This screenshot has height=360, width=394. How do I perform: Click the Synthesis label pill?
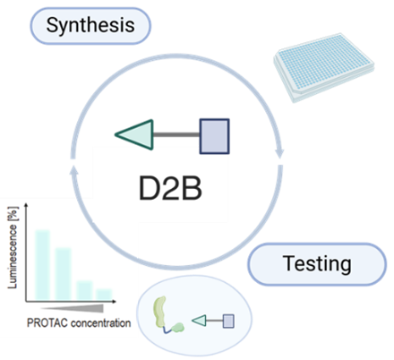90,26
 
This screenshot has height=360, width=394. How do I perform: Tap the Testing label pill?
317,264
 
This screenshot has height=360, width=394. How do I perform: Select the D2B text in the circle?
170,189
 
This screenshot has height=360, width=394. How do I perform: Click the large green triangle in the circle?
137,134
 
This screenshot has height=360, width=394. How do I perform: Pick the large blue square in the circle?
215,136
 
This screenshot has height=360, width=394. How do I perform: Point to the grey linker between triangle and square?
176,135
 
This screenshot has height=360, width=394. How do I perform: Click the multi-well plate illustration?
324,68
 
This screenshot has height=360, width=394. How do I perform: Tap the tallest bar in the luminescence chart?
42,265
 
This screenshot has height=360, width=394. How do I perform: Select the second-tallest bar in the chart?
64,274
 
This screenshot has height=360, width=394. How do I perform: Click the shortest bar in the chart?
104,295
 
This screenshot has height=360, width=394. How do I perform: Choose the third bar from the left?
84,291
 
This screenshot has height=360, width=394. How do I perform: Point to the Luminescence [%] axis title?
13,247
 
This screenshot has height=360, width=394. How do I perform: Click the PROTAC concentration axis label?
79,323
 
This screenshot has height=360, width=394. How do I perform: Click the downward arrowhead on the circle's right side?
279,152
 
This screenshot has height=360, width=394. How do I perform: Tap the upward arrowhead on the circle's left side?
74,171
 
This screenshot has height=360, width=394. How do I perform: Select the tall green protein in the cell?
160,312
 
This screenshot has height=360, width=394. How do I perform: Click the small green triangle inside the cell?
200,321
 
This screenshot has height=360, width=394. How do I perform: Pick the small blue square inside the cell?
228,321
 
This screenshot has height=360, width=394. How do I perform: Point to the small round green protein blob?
178,328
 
